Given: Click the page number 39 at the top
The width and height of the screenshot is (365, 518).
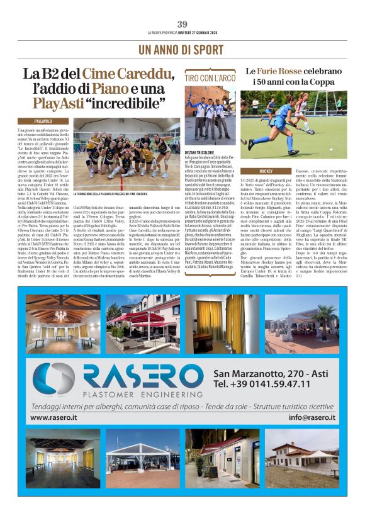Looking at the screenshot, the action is click(x=182, y=24).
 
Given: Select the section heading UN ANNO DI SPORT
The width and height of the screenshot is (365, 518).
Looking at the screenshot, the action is click(x=182, y=48).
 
